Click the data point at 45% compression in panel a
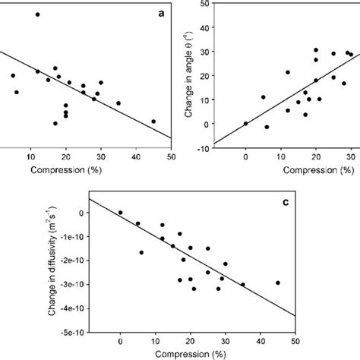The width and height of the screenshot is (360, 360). [x=153, y=122]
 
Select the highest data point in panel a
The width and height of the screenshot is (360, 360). [x=37, y=14]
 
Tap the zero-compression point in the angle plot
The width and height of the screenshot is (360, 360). [x=245, y=124]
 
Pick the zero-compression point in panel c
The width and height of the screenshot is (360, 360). [x=120, y=213]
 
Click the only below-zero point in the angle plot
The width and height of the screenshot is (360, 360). [x=267, y=127]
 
